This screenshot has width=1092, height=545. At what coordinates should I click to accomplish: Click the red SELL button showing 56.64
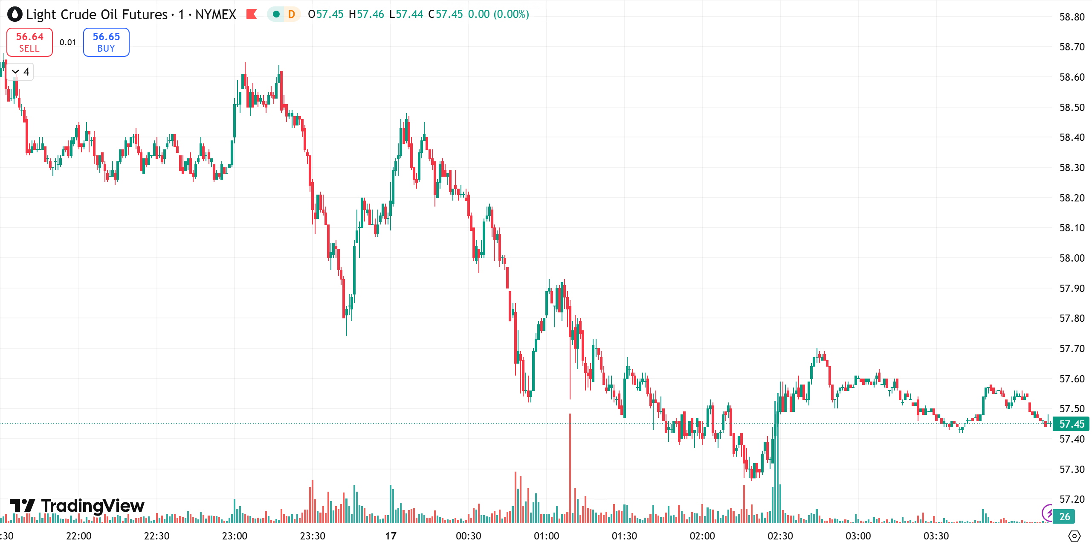tap(29, 42)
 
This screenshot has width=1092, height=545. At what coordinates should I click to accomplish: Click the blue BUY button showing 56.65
tap(106, 42)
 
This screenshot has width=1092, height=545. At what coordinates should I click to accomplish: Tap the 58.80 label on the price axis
tap(1072, 17)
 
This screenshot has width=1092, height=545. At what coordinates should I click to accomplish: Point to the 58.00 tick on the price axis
tap(1072, 258)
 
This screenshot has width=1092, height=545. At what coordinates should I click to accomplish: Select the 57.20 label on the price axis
tap(1072, 499)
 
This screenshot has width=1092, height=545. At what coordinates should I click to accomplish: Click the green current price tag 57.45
tap(1072, 424)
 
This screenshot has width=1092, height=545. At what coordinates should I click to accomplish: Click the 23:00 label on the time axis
tap(235, 536)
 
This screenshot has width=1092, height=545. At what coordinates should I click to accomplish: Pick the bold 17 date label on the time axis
tap(391, 536)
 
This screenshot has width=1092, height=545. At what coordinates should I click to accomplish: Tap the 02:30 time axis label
tap(780, 536)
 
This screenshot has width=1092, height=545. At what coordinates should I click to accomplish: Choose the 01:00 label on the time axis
tap(546, 536)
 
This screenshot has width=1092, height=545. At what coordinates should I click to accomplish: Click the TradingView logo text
tap(93, 506)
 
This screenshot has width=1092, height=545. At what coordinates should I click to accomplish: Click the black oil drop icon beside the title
tap(14, 15)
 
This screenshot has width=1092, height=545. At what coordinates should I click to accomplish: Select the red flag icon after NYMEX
tap(252, 15)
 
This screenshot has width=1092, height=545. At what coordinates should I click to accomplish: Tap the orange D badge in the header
tap(292, 15)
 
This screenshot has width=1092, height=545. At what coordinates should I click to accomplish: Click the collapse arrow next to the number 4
tap(15, 72)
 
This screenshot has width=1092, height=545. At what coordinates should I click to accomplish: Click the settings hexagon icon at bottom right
tap(1074, 536)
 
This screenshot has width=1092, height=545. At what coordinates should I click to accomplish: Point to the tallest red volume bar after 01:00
tap(570, 469)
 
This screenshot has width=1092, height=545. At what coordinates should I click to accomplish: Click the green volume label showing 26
tap(1064, 517)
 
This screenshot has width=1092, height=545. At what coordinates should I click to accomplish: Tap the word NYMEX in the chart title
tap(215, 15)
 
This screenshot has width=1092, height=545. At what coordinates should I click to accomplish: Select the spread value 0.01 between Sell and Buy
tap(68, 42)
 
